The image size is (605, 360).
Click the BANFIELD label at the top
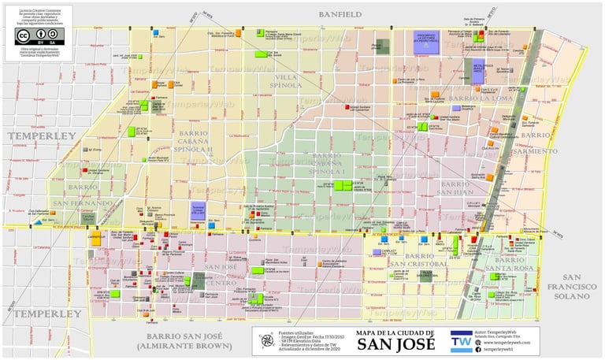pos(340,14)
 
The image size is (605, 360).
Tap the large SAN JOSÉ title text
pos(392,344)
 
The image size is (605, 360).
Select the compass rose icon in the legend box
pos(268,340)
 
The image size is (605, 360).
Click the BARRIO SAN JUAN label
pos(455,187)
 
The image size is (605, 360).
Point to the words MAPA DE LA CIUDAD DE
pos(392,332)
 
